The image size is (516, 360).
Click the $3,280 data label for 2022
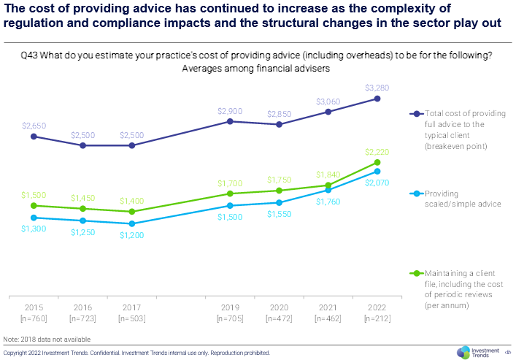[x=377, y=88]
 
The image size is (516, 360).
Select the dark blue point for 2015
[x=34, y=137]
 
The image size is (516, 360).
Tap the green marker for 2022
[x=377, y=162]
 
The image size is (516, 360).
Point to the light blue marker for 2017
[x=132, y=223]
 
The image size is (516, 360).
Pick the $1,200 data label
[x=132, y=235]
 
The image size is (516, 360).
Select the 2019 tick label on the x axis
[x=230, y=308]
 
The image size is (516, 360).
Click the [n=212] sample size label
[x=377, y=319]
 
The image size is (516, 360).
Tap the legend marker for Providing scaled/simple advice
[x=417, y=194]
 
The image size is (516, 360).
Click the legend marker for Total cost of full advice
[x=417, y=114]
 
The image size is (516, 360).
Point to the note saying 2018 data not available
[x=47, y=340]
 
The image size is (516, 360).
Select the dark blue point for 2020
[x=279, y=124]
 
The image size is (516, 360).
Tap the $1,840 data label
[x=328, y=174]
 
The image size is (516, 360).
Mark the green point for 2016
[x=83, y=209]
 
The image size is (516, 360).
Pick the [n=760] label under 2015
[x=34, y=319]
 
